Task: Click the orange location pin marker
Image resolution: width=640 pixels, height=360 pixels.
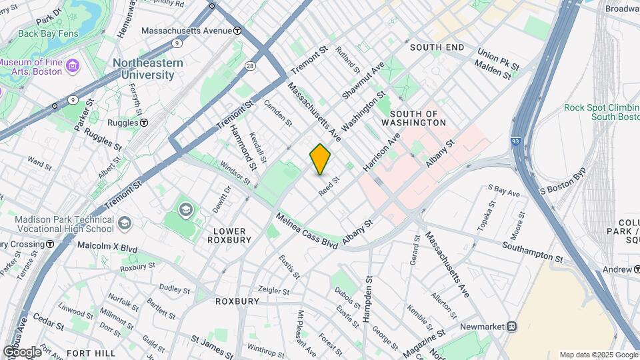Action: (320, 159)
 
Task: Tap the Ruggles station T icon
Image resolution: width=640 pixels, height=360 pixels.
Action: (144, 123)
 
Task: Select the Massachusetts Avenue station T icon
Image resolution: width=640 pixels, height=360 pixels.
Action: (237, 31)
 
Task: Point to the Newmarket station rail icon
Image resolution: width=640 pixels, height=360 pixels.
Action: (512, 327)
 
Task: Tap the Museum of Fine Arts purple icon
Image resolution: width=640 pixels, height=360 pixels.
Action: (72, 66)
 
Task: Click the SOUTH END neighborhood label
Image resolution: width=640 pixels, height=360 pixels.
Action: (437, 47)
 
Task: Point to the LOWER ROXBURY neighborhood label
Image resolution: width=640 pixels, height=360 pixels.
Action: (231, 235)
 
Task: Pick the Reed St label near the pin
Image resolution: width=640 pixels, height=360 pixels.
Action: (329, 185)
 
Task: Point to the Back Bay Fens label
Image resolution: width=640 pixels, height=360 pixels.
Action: (35, 33)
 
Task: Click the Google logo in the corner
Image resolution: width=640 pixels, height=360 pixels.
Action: (22, 351)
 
